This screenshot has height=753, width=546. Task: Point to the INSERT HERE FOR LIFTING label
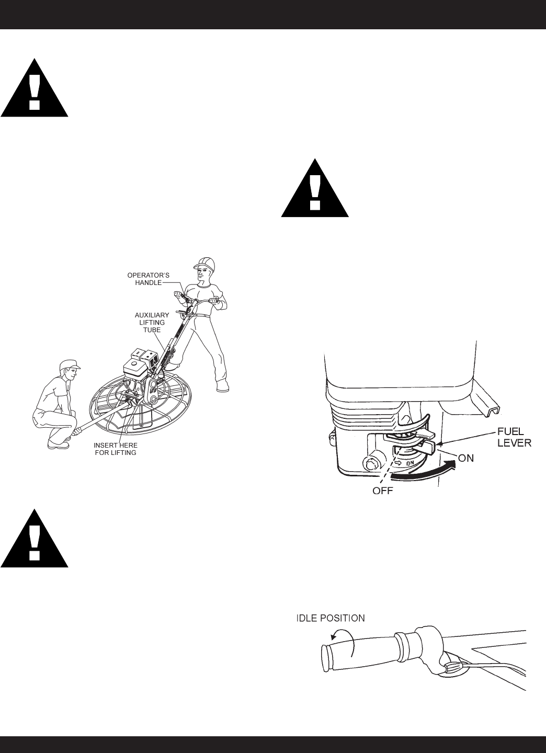(x=115, y=449)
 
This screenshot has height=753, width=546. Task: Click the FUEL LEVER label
(x=513, y=438)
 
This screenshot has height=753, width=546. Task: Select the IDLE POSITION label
(x=328, y=618)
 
